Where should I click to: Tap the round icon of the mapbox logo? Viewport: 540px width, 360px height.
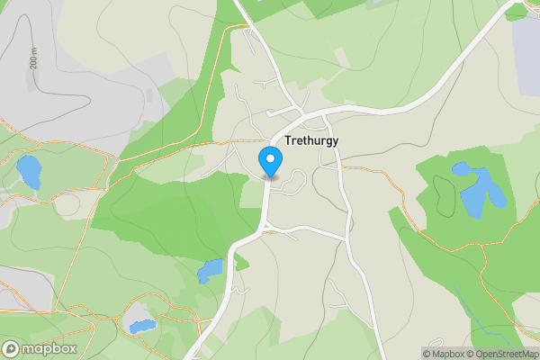12,348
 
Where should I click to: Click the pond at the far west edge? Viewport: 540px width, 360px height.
28,171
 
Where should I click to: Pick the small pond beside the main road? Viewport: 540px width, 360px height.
211,269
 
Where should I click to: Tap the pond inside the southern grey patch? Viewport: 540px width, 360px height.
142,325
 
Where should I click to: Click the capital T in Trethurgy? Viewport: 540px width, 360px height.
288,141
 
